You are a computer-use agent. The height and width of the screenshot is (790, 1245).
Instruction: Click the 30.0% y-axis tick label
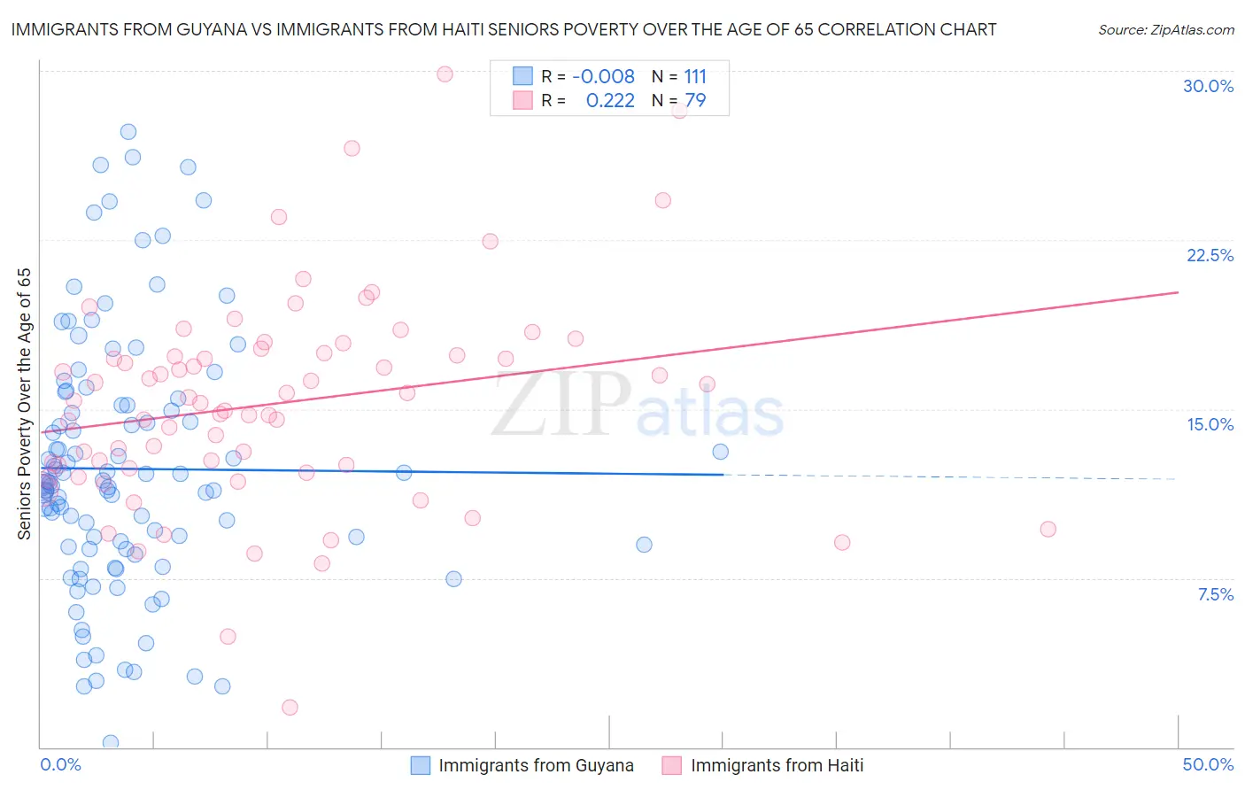click(x=1208, y=86)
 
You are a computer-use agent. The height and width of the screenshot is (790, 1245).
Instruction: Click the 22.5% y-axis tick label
click(x=1210, y=255)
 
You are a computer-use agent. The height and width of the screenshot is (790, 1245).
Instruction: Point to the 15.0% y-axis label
click(x=1210, y=424)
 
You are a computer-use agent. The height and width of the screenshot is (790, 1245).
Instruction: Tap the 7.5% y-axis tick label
click(x=1215, y=594)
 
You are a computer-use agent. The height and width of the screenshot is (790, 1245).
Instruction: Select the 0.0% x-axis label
click(x=60, y=764)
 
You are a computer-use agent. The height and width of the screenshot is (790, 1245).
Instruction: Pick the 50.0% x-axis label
click(x=1208, y=764)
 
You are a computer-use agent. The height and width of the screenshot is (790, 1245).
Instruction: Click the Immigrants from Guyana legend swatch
click(x=421, y=765)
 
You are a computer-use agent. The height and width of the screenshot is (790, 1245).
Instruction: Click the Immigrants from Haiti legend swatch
click(x=672, y=765)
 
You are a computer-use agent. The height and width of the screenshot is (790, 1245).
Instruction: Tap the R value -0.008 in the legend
click(x=603, y=76)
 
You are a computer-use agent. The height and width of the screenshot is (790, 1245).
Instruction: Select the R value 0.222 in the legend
click(x=610, y=101)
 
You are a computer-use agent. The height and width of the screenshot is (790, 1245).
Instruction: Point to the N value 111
click(x=695, y=76)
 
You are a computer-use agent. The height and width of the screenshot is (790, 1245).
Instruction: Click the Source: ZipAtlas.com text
click(x=1165, y=29)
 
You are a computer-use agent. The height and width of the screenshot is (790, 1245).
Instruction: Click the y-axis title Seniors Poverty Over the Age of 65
click(x=24, y=404)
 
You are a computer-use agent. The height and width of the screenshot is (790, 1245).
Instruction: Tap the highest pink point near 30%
click(x=445, y=74)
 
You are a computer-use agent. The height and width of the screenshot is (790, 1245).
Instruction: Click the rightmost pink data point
click(x=1048, y=529)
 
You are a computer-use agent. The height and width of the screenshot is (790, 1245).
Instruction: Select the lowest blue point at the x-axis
click(x=111, y=742)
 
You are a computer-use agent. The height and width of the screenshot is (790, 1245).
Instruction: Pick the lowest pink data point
click(x=290, y=707)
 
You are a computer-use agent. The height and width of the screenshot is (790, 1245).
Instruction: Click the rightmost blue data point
click(x=720, y=452)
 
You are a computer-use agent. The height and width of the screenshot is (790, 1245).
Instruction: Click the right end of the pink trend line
click(x=1178, y=291)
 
